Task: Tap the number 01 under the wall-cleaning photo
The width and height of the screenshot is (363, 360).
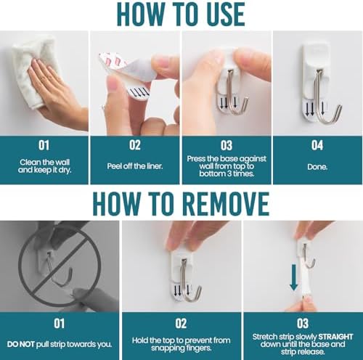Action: coord(44,145)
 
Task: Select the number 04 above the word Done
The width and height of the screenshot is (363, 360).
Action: coord(317,145)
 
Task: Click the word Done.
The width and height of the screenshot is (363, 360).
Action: coord(317,167)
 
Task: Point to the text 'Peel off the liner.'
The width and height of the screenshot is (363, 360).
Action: coord(135,166)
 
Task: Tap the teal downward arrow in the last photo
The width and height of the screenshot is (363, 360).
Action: coord(293,277)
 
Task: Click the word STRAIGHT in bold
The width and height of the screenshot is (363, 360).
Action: coord(335,337)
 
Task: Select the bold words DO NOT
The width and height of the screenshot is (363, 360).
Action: coord(21,344)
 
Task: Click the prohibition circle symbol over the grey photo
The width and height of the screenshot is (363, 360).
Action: coord(60,266)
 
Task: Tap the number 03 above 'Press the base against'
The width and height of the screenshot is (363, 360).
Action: coord(227,145)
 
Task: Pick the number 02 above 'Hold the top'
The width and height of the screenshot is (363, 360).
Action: coord(181,324)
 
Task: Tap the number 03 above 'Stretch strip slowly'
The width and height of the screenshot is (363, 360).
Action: coord(303,324)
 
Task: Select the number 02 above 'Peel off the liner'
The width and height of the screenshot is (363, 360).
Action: coord(135,145)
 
